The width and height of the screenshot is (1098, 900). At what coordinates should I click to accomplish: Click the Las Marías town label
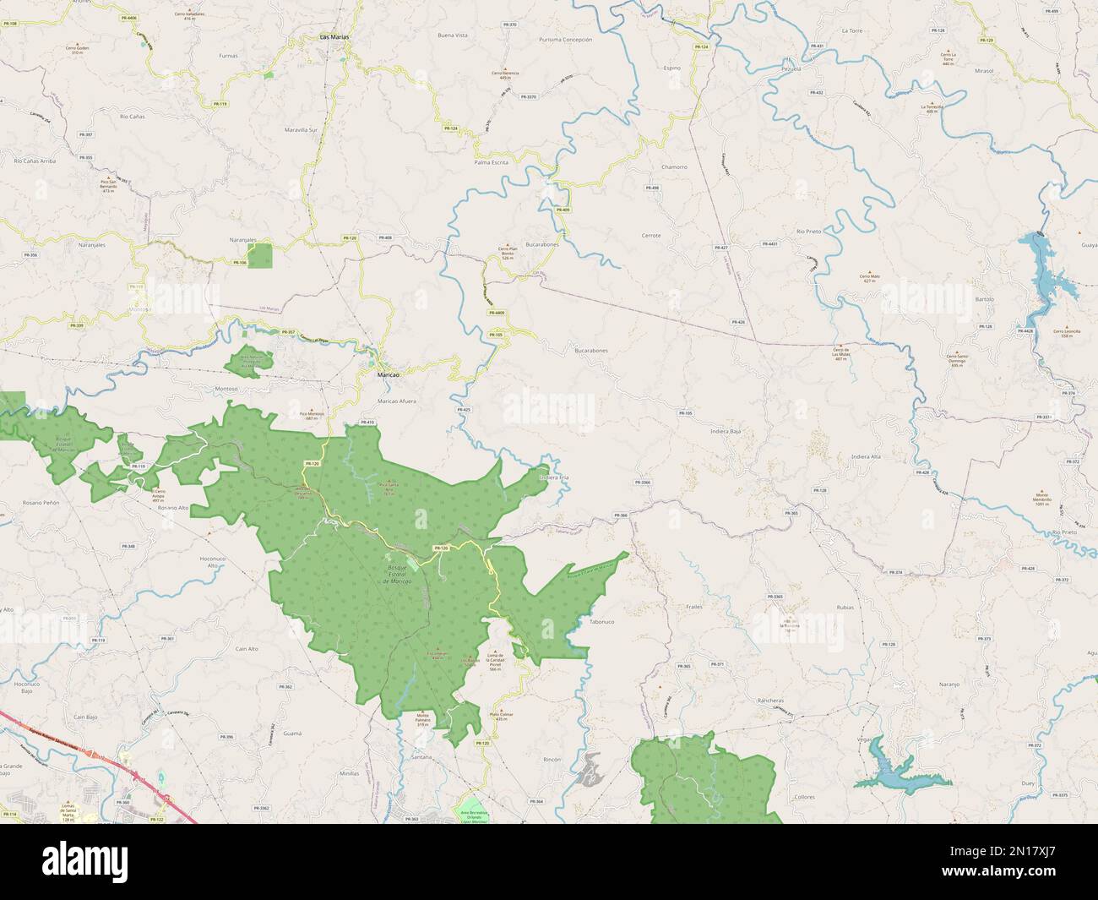tap(334, 38)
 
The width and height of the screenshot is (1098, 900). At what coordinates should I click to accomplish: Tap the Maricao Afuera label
tap(396, 401)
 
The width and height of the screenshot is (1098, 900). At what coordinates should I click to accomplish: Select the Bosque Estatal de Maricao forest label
tap(396, 575)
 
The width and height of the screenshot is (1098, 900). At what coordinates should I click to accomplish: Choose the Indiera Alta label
tap(866, 456)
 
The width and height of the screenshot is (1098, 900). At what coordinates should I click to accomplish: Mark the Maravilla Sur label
tap(302, 130)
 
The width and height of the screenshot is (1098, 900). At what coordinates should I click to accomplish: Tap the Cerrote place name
tap(651, 235)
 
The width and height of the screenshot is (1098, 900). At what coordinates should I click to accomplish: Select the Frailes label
tap(694, 607)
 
